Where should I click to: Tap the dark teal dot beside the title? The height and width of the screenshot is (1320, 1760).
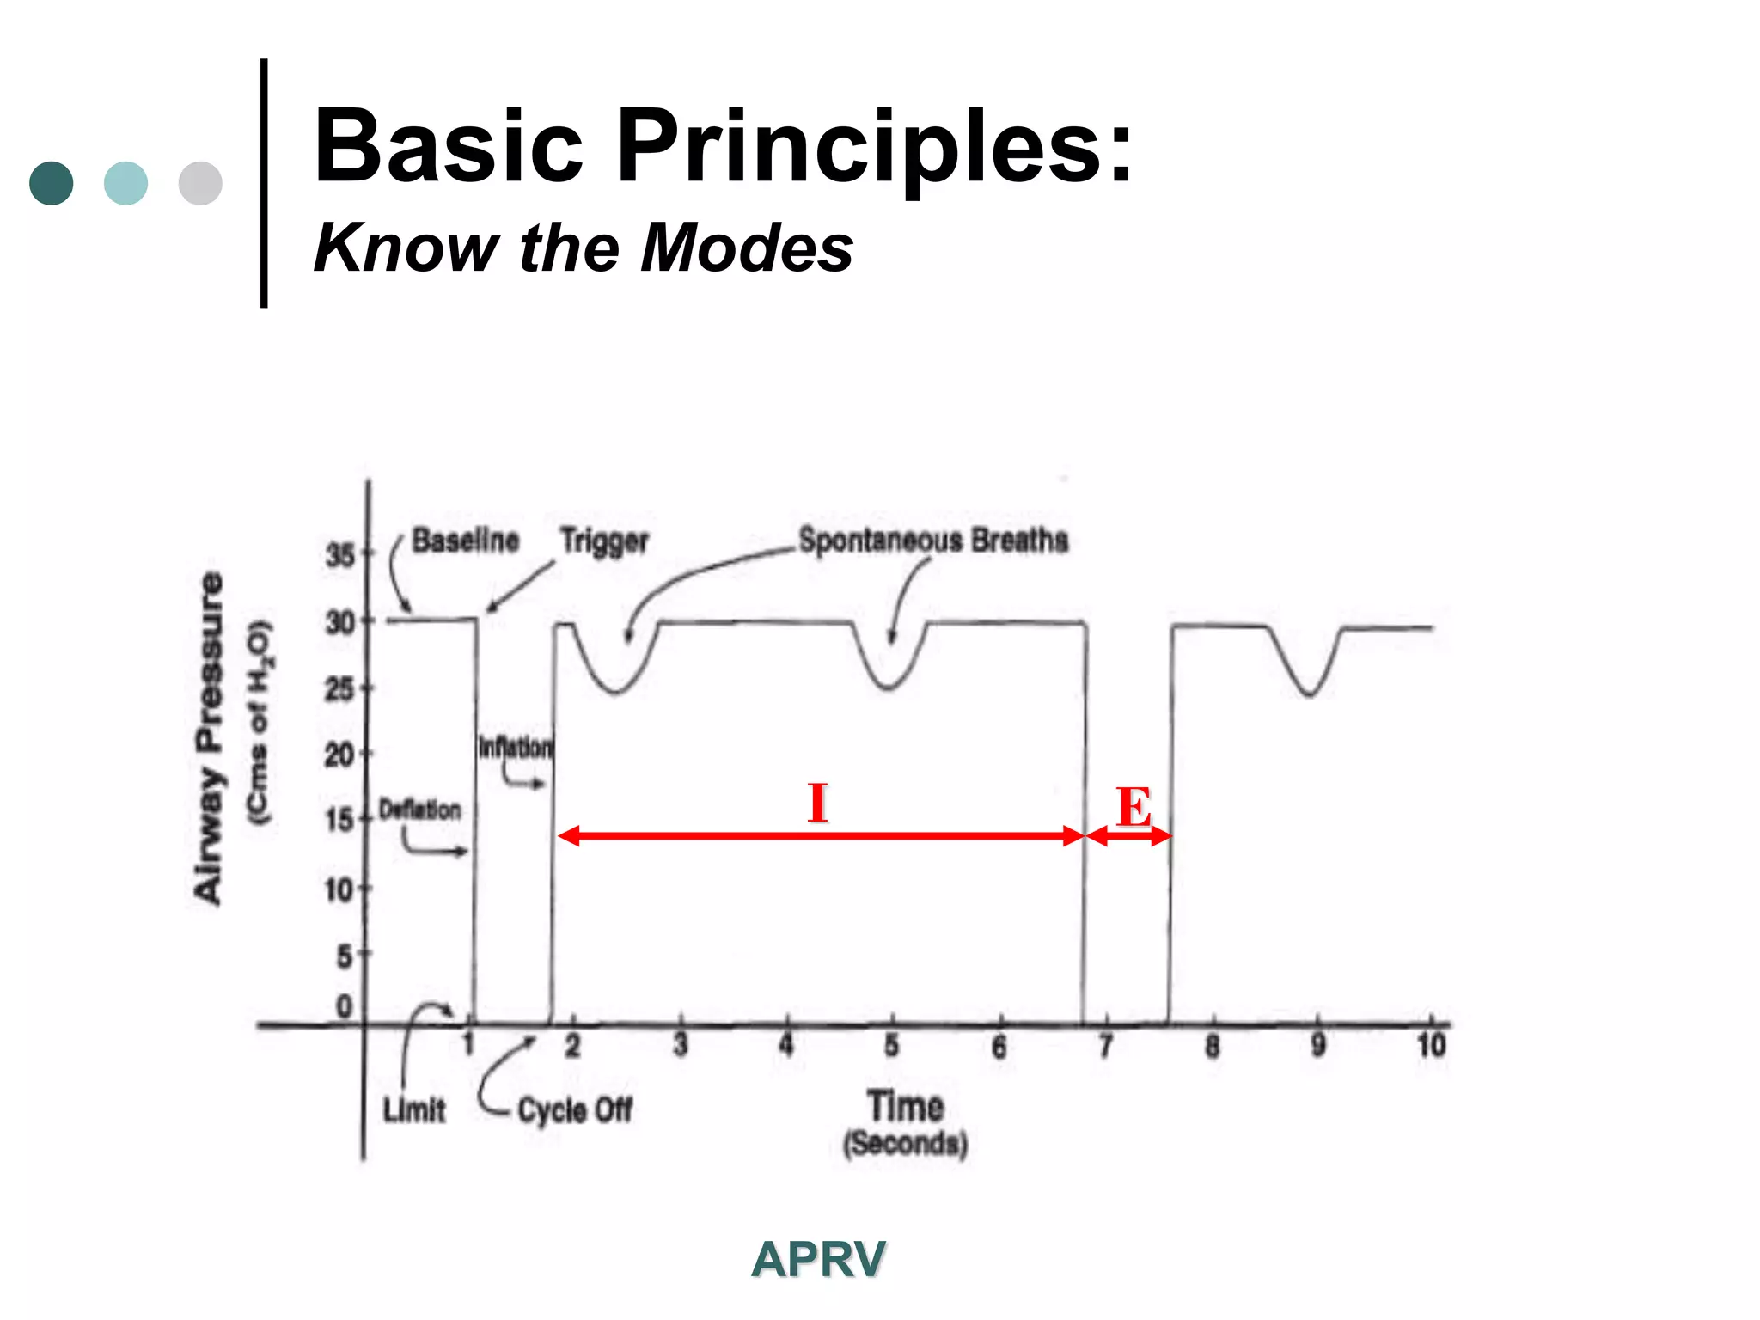51,183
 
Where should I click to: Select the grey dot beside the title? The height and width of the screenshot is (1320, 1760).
200,183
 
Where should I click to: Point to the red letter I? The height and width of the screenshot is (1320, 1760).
817,803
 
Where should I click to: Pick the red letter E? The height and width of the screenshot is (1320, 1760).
1134,808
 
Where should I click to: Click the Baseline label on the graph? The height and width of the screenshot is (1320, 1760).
465,541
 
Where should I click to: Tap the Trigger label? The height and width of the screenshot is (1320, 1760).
604,541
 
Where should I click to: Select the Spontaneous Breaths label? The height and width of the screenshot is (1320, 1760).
933,541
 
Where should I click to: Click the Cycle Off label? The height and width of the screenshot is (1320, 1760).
575,1110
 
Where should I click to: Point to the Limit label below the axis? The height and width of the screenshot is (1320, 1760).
414,1110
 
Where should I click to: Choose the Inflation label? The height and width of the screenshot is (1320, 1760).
516,747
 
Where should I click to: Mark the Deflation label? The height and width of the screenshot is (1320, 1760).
420,810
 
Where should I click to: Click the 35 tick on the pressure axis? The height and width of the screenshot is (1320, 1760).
340,555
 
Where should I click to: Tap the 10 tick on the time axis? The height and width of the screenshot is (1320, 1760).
1431,1046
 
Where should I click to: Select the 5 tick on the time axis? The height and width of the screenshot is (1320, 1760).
892,1046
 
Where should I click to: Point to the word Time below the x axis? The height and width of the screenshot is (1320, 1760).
905,1106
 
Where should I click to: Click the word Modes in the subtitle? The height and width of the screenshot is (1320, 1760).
747,248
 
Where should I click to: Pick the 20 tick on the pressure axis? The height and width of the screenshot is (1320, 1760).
339,755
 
